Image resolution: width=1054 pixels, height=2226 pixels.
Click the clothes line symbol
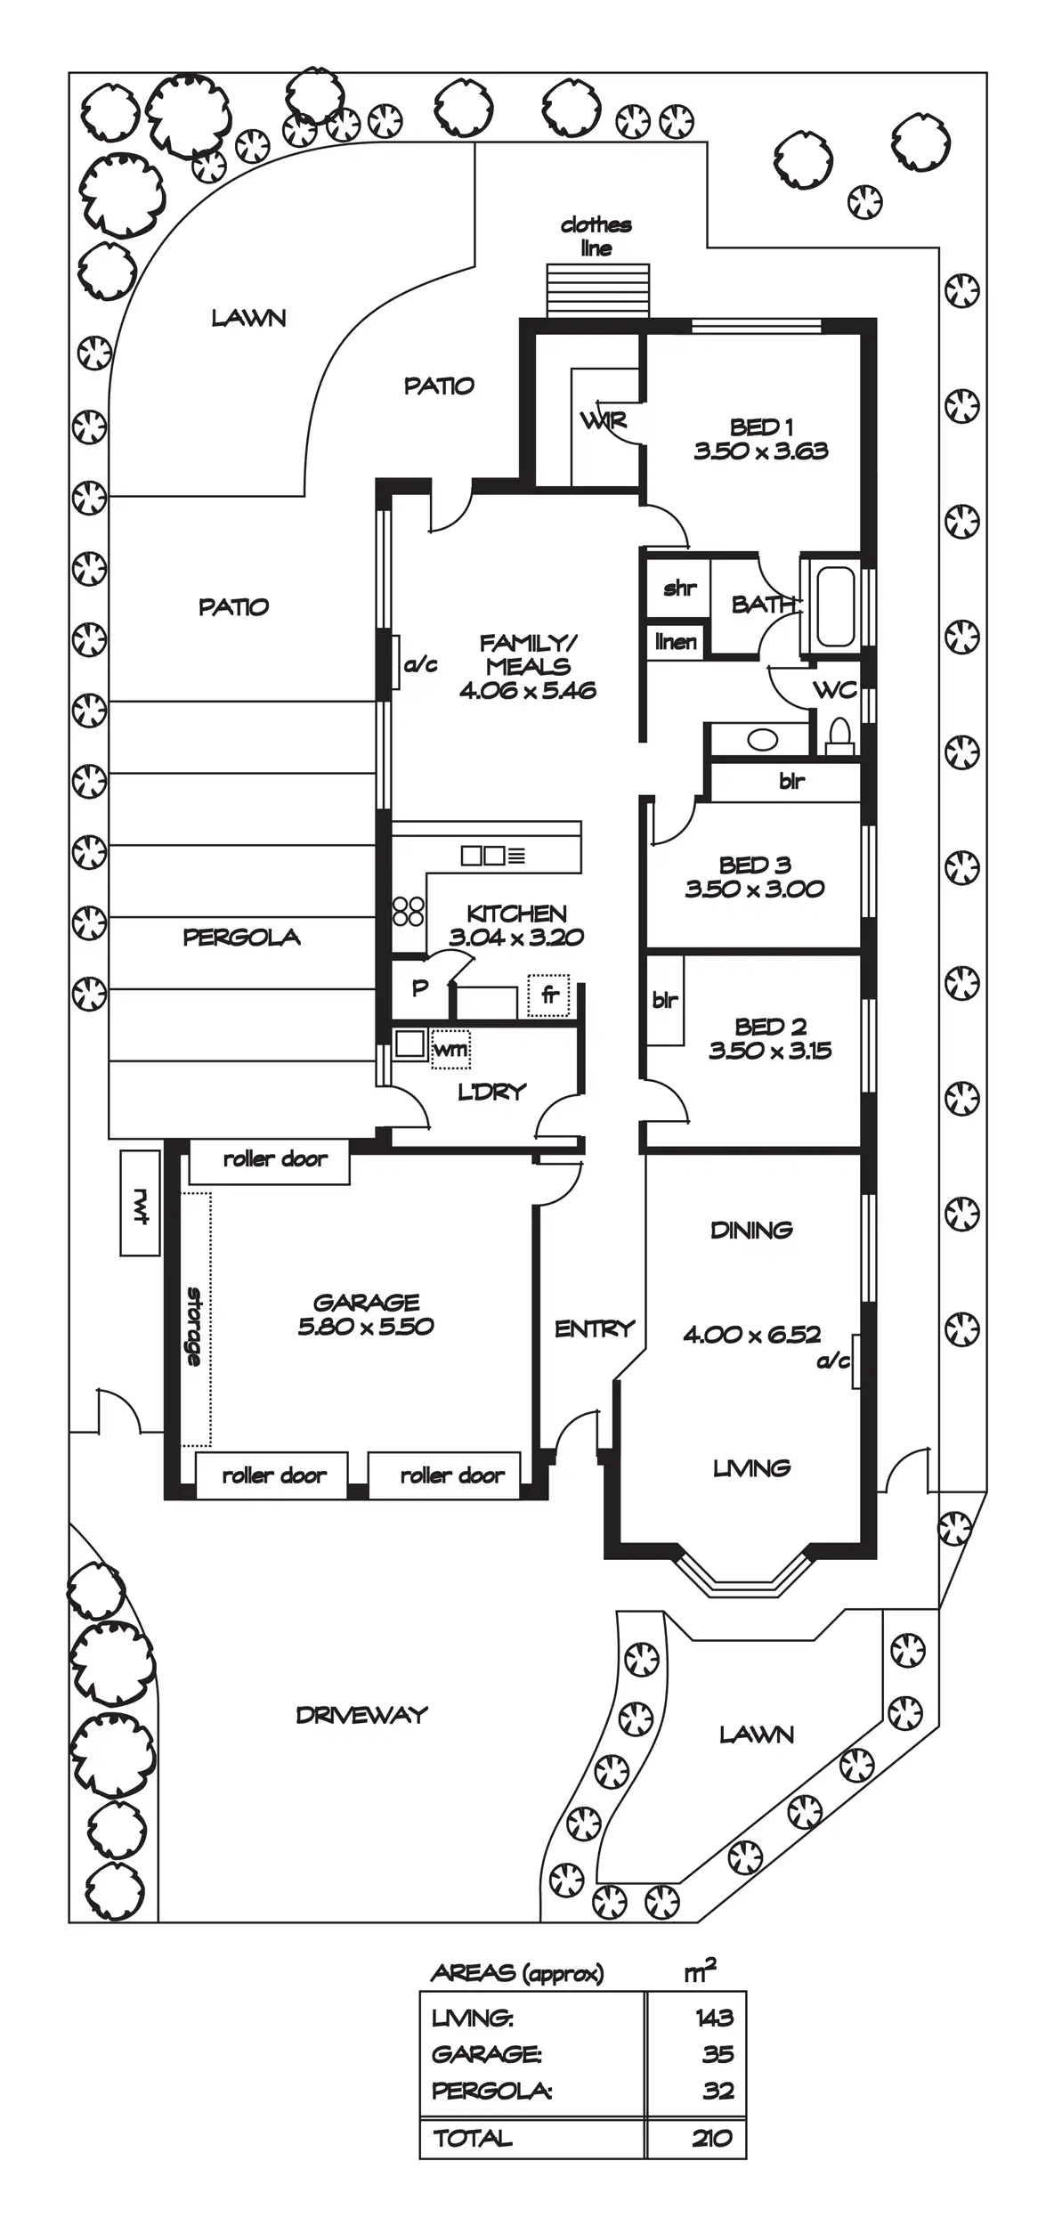pyautogui.click(x=597, y=289)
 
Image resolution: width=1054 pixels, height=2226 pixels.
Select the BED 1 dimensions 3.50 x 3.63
pyautogui.click(x=761, y=451)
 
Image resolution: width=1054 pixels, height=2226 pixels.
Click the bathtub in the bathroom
pyautogui.click(x=835, y=605)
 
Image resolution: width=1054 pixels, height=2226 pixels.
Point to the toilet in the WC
pyautogui.click(x=839, y=735)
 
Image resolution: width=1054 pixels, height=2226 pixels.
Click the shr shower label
pyautogui.click(x=679, y=588)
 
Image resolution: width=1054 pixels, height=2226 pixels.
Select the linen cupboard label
pyautogui.click(x=676, y=641)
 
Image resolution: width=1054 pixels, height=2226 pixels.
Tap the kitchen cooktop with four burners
pyautogui.click(x=409, y=911)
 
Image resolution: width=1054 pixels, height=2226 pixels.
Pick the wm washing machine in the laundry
pyautogui.click(x=450, y=1050)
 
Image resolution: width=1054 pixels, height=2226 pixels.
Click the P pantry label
pyautogui.click(x=420, y=987)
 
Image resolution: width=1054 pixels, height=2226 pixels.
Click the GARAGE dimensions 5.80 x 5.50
pyautogui.click(x=366, y=1327)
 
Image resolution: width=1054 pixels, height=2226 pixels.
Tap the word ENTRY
pyautogui.click(x=594, y=1329)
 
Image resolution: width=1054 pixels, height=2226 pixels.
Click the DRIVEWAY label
pyautogui.click(x=361, y=1715)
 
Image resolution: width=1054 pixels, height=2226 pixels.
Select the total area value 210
pyautogui.click(x=712, y=2138)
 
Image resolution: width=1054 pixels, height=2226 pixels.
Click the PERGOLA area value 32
pyautogui.click(x=718, y=2091)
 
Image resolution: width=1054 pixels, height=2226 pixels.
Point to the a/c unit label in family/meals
pyautogui.click(x=420, y=664)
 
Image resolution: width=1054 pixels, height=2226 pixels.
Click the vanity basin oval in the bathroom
pyautogui.click(x=763, y=740)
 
